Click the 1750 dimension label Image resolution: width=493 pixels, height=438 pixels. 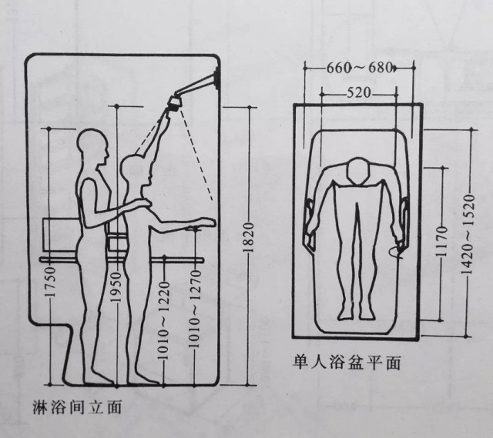50,282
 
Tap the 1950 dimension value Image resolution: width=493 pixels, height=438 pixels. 116,287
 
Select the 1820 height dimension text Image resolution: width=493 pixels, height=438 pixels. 249,238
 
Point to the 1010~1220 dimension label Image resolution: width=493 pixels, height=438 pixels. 163,320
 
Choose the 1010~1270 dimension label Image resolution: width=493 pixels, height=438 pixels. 195,308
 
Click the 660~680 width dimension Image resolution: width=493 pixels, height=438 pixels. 359,68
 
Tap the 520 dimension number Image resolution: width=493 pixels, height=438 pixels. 359,93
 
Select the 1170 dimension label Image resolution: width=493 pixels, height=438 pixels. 441,241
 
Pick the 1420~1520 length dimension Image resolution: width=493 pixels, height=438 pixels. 468,235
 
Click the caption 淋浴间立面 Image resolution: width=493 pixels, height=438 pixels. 77,407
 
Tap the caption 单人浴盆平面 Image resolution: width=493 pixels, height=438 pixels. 347,363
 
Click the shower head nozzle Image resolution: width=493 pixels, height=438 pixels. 175,102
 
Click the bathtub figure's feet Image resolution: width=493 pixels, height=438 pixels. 357,313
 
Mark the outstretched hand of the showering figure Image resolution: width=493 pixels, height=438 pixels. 205,222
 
